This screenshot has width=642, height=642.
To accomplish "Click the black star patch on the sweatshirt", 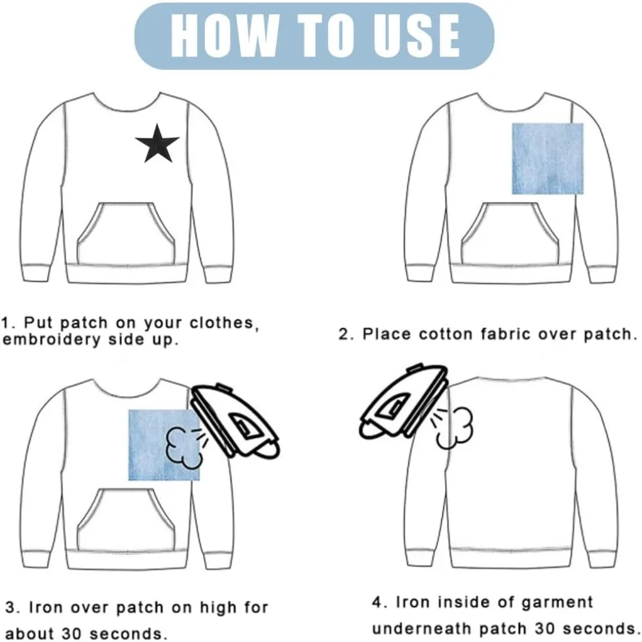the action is (x=157, y=144).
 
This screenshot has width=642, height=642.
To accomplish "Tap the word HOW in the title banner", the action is (x=224, y=35).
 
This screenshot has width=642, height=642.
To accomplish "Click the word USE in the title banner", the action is (x=413, y=35).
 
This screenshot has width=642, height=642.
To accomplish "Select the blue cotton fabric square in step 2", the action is (x=548, y=159).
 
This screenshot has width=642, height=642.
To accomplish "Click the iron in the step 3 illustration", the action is (x=236, y=421).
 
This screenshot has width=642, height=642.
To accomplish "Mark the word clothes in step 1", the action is (x=224, y=323).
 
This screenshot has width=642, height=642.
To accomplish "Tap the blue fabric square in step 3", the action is (x=164, y=445).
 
